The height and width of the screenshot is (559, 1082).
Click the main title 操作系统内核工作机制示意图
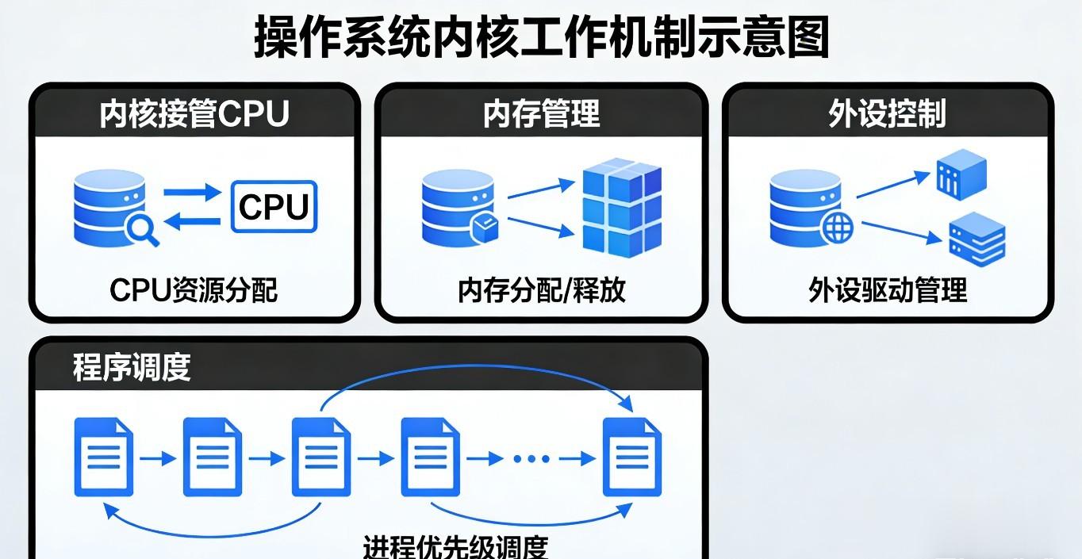coord(542,37)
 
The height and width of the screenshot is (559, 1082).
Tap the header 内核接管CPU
coord(194,114)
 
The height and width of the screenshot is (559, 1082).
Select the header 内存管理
coord(542,114)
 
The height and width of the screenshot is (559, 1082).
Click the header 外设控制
coord(888,114)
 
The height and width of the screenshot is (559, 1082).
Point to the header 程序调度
coord(132,367)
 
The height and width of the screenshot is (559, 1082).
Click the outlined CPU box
coord(274,207)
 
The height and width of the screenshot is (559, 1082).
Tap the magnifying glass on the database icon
coord(142,230)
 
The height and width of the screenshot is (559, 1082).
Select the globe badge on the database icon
coord(837,228)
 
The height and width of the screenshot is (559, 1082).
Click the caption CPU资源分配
coord(194,290)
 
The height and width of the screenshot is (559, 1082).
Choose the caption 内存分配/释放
coord(542,290)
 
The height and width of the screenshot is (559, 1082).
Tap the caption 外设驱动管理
coord(888,290)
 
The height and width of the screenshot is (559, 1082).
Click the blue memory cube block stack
coord(622,208)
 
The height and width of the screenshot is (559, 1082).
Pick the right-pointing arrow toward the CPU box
coord(192,192)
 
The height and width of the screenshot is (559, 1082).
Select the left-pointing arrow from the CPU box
coord(192,221)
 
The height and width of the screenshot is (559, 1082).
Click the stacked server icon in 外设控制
coord(977,239)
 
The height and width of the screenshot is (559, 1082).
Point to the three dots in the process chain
coord(531,458)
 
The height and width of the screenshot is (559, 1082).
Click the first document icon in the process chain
coord(103,457)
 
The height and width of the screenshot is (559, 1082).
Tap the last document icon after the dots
coord(631,457)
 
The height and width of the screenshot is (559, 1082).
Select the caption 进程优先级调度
coord(455,547)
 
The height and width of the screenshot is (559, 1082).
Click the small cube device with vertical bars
coord(961,174)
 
